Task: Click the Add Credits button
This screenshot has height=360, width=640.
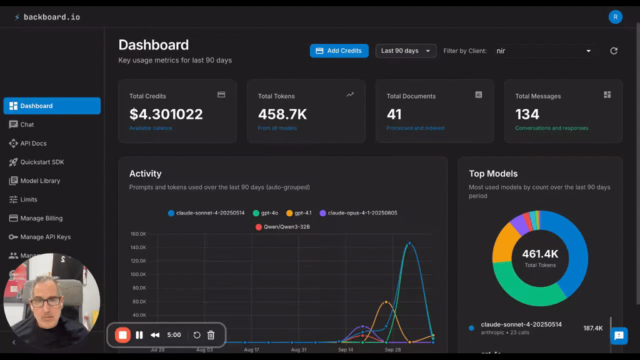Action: coord(339,51)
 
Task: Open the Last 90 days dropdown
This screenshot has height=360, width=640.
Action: coord(406,51)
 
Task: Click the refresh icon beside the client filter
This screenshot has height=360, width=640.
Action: coord(614,51)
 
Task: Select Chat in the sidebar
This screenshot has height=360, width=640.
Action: coord(27,124)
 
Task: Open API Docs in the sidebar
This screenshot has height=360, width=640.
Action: coord(33,143)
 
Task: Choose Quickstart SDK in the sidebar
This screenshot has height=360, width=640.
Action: coord(42,162)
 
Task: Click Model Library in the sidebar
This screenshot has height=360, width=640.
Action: coord(40,181)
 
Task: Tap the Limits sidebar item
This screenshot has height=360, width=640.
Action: coord(29,199)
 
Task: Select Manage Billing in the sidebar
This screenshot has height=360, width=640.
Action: coord(41,218)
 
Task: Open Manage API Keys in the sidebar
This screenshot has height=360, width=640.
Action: coord(45,237)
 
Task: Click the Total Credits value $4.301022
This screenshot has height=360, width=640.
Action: coord(166,114)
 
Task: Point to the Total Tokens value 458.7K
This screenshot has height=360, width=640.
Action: coord(282,114)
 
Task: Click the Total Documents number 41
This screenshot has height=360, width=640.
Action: coord(394,114)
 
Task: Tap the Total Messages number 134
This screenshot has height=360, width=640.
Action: coord(527,114)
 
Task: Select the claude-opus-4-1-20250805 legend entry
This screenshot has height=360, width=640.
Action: coord(358,213)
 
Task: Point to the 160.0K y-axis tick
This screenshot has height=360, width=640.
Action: coord(138,234)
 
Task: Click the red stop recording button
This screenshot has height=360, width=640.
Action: coord(123,335)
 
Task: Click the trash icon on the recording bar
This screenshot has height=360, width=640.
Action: coord(211,335)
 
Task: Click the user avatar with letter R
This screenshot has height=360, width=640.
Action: coord(616,17)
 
